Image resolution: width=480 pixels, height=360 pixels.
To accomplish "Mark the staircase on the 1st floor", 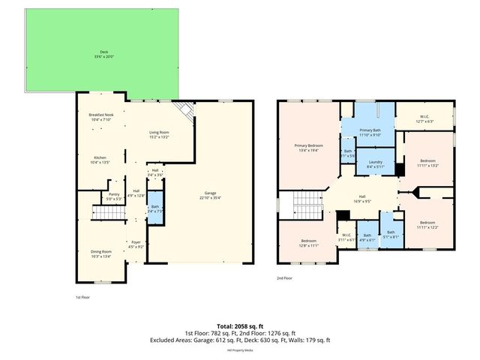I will coord(107,214).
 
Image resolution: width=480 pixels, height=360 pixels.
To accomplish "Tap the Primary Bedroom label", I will coord(308,147).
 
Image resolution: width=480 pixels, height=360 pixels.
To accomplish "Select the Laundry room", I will coord(376,163).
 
